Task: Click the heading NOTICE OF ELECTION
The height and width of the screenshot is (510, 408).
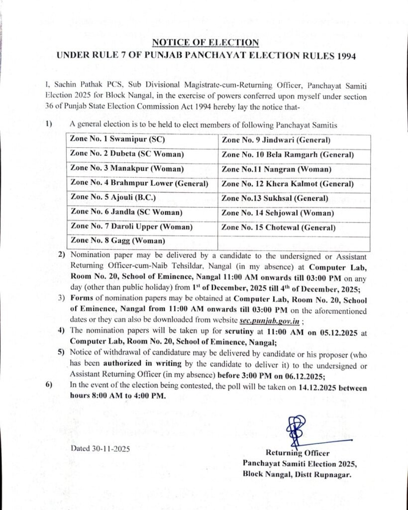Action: [x=205, y=42]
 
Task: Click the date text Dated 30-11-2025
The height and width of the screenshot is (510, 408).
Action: [x=100, y=448]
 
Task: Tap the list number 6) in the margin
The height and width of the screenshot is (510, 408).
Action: [x=48, y=384]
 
